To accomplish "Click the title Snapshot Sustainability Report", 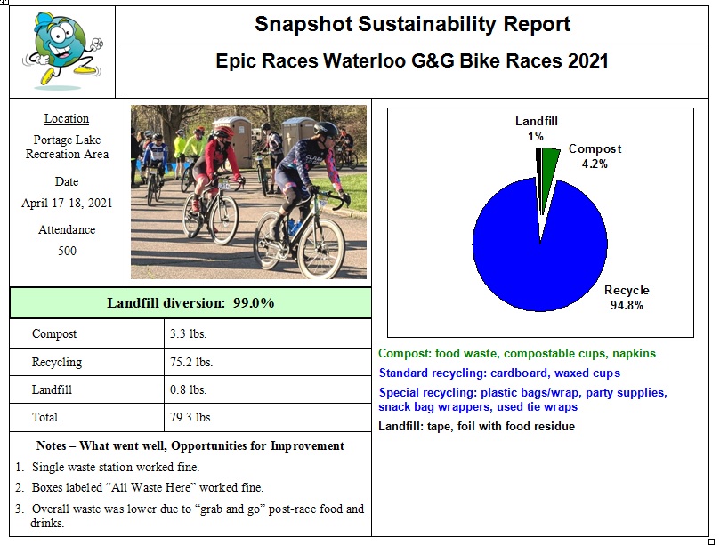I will pyautogui.click(x=412, y=24).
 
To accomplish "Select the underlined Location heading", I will pyautogui.click(x=67, y=118).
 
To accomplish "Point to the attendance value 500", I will pyautogui.click(x=67, y=251).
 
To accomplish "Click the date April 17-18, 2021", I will pyautogui.click(x=67, y=203).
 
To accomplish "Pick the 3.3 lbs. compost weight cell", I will pyautogui.click(x=187, y=334).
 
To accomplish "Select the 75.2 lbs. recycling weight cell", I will pyautogui.click(x=190, y=362).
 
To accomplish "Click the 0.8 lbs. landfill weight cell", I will pyautogui.click(x=187, y=389).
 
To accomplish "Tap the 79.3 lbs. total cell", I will pyautogui.click(x=190, y=417).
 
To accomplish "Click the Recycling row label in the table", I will pyautogui.click(x=57, y=362).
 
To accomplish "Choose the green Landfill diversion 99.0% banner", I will pyautogui.click(x=190, y=303).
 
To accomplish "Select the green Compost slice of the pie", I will pyautogui.click(x=551, y=163).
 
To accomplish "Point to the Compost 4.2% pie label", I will pyautogui.click(x=595, y=156).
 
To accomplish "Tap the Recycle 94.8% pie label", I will pyautogui.click(x=627, y=297).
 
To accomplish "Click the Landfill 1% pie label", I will pyautogui.click(x=537, y=128).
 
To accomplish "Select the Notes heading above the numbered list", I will pyautogui.click(x=190, y=445).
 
